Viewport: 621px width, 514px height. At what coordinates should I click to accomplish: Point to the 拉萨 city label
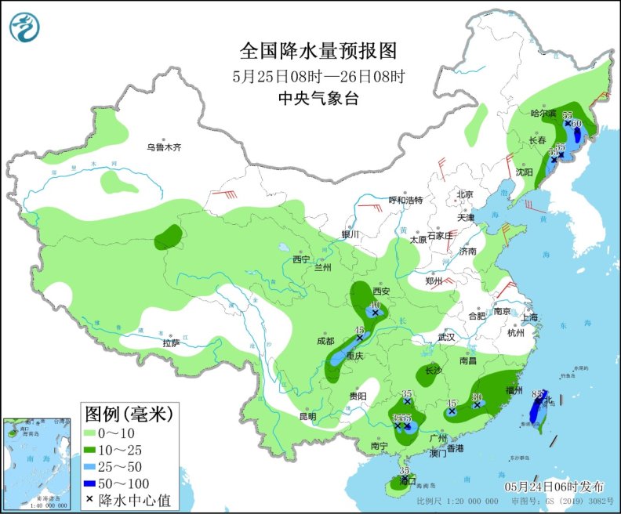coord(171,342)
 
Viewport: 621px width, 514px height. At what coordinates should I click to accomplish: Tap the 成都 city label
coord(325,341)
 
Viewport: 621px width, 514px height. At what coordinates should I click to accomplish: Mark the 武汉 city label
coord(446,337)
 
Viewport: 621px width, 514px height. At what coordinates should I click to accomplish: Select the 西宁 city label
coord(301,259)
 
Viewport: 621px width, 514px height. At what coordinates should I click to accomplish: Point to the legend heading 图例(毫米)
coord(128,412)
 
